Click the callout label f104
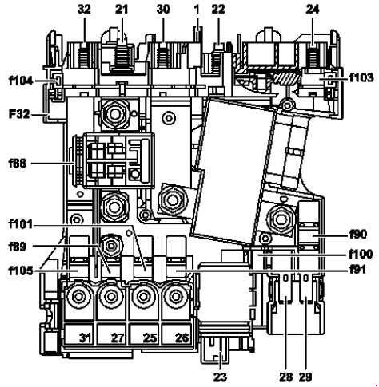coord(22,81)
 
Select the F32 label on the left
coord(19,114)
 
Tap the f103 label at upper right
coord(361,77)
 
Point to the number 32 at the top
coord(84,10)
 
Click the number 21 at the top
coord(122,10)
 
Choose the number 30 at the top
coord(163,10)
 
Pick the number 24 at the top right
coord(313,10)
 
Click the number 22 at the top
coord(218,10)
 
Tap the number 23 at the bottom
coord(220,377)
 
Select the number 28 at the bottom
coord(286,377)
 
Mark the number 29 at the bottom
coord(305,377)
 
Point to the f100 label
coord(361,254)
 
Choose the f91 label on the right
coord(358,270)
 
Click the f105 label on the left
coord(21,271)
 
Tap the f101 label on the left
coord(21,224)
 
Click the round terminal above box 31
coord(78,296)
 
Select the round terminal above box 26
coord(175,296)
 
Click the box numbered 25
coord(144,334)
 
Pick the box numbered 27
coord(111,334)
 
